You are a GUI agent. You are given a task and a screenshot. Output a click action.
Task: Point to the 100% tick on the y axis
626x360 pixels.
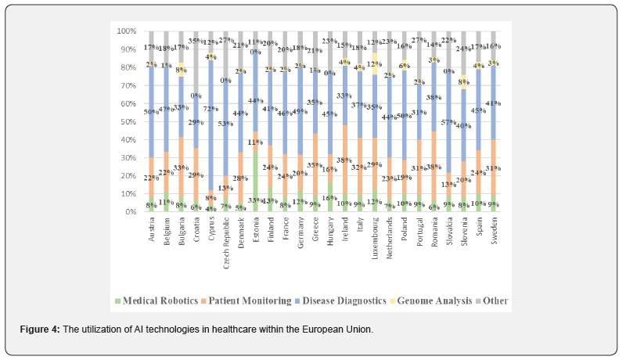pos(127,31)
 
